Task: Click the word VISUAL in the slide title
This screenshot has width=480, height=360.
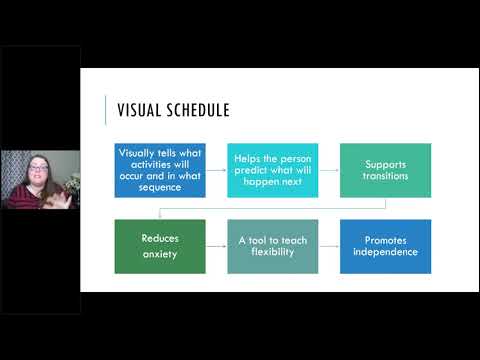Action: pos(139,110)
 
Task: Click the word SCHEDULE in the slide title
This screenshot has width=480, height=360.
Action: pos(198,110)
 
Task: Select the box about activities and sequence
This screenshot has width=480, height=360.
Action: pos(160,170)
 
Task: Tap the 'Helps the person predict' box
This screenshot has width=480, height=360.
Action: pos(273,170)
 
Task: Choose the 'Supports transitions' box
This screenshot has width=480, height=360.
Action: pos(385,170)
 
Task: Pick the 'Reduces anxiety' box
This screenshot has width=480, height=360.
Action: pos(160,247)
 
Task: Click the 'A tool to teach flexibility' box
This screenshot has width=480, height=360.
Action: pos(273,247)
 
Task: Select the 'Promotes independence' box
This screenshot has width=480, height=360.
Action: pos(385,247)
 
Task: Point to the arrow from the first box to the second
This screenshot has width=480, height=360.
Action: pos(216,170)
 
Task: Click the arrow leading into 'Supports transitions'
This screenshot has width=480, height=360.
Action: pos(329,170)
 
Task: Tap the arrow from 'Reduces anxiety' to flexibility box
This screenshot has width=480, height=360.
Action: pos(216,247)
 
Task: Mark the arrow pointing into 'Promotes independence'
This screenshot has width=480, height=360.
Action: pos(329,247)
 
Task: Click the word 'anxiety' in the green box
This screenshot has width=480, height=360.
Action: pos(160,254)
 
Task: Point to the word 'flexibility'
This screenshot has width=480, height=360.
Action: pos(273,252)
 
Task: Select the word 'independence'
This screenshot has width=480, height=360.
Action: pos(385,252)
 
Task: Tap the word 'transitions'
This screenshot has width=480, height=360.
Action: pos(385,176)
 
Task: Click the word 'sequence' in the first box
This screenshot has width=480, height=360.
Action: pos(160,188)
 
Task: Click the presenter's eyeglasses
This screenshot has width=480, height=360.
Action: pos(38,168)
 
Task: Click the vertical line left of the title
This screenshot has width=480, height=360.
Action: pos(106,110)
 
